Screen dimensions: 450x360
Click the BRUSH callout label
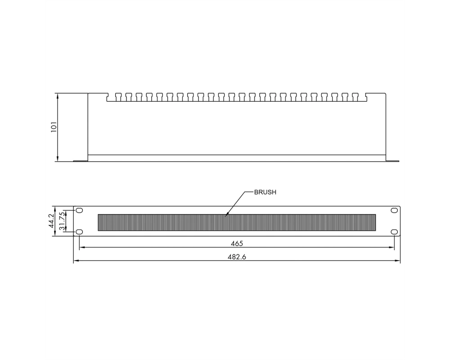tap(265, 192)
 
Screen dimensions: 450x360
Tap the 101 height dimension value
tap(54, 127)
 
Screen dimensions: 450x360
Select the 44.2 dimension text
tap(52, 221)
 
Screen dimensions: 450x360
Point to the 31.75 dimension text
tap(62, 221)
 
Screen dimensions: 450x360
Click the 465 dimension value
tap(237, 243)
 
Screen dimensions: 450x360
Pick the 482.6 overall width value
tap(237, 256)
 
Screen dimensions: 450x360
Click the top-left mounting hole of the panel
tap(79, 211)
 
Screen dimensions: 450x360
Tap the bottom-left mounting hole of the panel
tap(79, 232)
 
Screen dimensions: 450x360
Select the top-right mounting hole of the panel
tap(394, 211)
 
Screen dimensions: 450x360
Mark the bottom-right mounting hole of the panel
tap(394, 232)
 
